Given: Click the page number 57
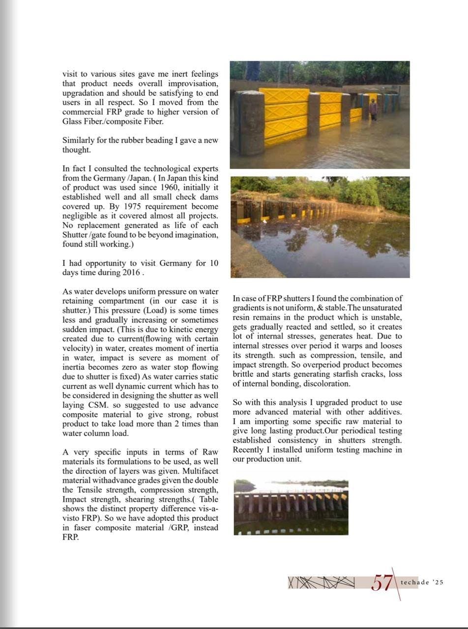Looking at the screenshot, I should tap(382, 583).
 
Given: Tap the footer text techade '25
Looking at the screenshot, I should tap(422, 582).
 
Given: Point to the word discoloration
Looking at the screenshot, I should tap(327, 383).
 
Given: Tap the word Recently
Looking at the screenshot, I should tap(249, 450).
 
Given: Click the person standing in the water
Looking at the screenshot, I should tap(373, 110).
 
